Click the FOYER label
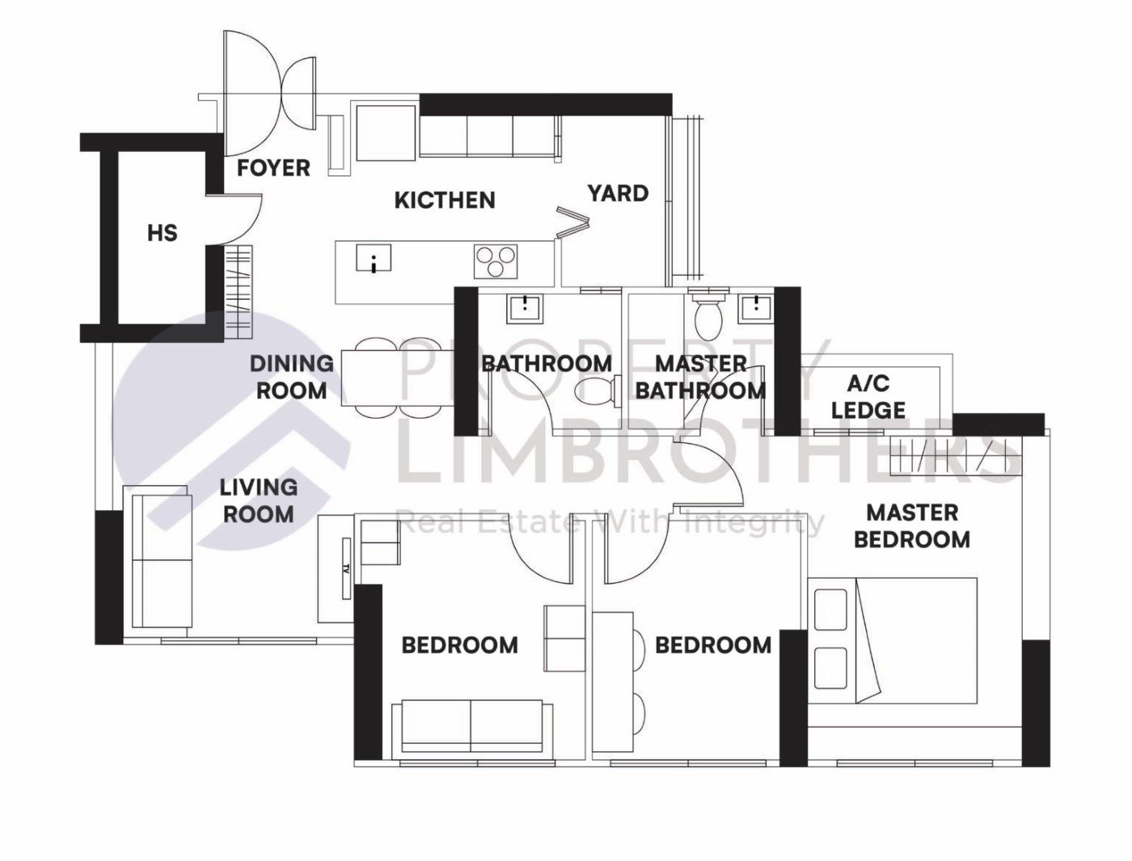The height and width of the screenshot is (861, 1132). coord(273,168)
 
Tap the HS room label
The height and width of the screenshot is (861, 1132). coord(163,233)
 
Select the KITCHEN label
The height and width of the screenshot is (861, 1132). coord(445,200)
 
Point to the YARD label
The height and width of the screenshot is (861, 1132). coord(618,193)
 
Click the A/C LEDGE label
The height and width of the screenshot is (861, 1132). coord(868,397)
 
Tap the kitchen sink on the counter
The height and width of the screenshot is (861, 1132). coord(374,258)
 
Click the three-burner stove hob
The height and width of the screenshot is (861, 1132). coord(496,261)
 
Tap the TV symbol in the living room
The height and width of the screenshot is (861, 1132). coord(347,568)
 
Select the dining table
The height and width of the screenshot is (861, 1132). coord(398,377)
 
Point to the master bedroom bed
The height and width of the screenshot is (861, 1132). coord(893,640)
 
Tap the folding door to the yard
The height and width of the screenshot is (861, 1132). coord(572,222)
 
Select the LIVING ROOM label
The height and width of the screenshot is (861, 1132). coord(259,500)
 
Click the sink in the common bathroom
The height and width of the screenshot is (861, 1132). coord(525,309)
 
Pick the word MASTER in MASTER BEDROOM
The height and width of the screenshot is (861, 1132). coord(912,513)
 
